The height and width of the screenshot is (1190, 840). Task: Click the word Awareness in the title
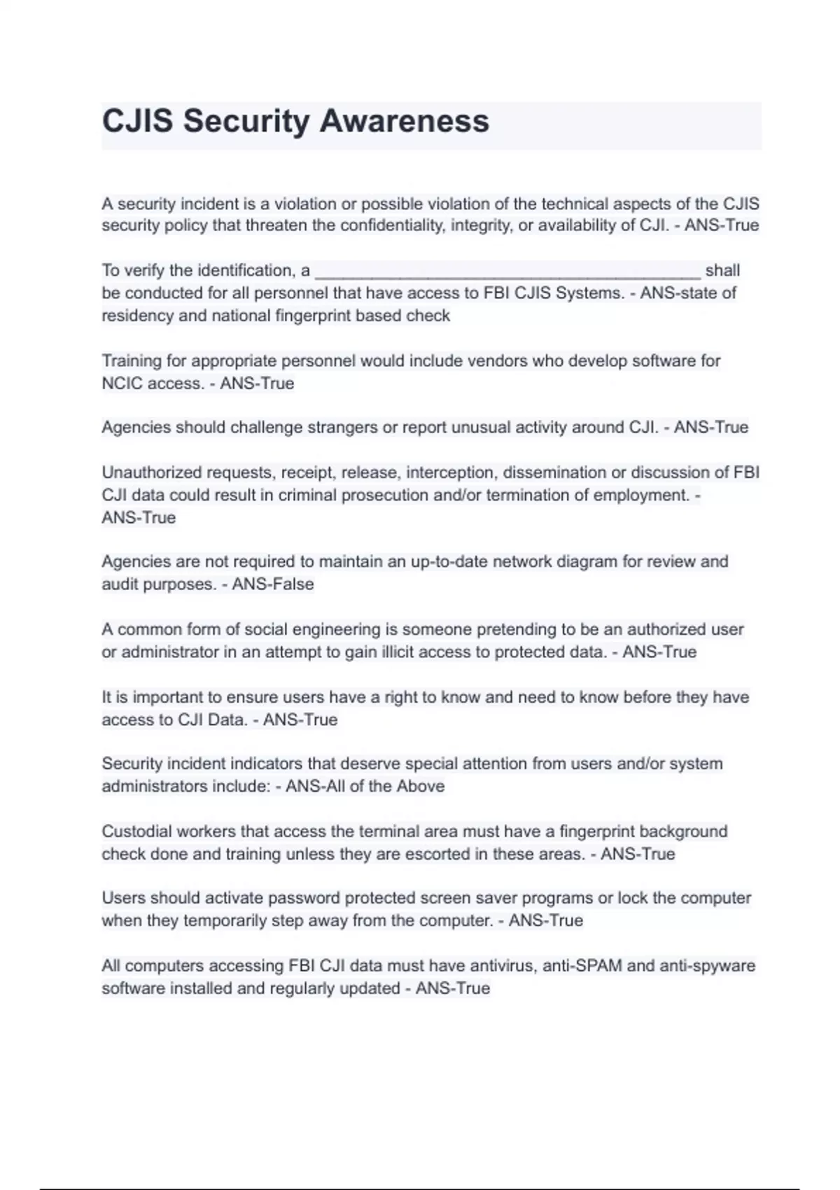pyautogui.click(x=404, y=121)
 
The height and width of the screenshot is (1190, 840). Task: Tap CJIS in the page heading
pyautogui.click(x=137, y=121)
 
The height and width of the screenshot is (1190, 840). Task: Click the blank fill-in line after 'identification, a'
pyautogui.click(x=507, y=272)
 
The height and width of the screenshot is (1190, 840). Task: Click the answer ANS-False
pyautogui.click(x=273, y=584)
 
